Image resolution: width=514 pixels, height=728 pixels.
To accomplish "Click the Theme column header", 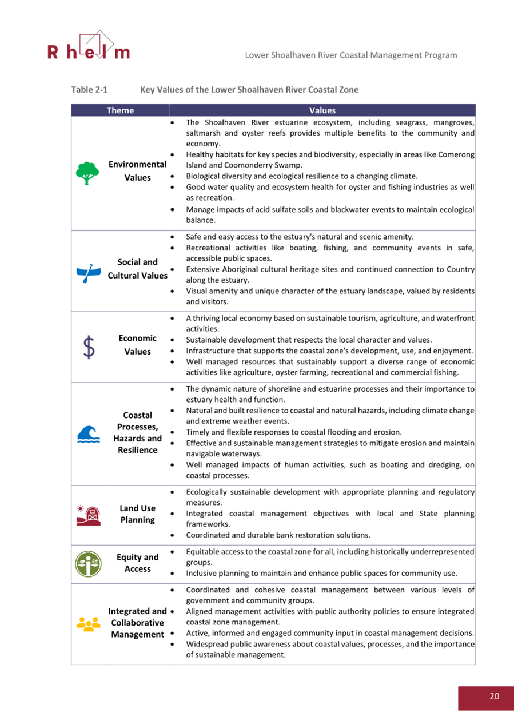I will coord(120,110).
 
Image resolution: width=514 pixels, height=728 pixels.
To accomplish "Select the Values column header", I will coord(322,110).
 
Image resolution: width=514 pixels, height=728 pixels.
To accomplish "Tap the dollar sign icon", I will coord(89,347).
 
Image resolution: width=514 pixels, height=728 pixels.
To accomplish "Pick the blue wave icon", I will coord(88,435).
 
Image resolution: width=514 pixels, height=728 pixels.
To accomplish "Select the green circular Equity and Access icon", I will coord(88,563).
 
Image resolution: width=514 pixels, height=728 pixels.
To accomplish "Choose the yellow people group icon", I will coord(88,623).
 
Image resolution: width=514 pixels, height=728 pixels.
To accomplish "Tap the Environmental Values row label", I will coord(137,171).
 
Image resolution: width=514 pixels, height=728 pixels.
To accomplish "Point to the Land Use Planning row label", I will coord(137,514).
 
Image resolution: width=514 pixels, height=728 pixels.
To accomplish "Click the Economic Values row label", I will coord(137,345).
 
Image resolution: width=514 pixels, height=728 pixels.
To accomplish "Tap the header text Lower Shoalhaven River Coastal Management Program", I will coord(350,55).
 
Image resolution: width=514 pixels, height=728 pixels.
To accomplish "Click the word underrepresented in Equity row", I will coord(439,552).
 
